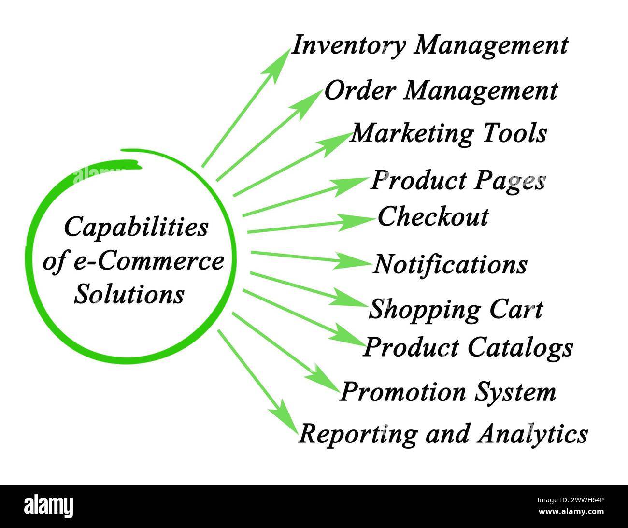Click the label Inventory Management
pos(430,46)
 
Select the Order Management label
pos(441,91)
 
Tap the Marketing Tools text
pos(448,133)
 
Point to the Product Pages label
pos(458,181)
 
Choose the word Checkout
pos(433,216)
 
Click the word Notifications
pos(450,264)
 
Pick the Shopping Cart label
pos(456,309)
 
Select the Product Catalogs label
pos(468,347)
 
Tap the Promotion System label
pos(447,392)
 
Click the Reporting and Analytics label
pos(442,434)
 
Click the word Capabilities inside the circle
pos(136,227)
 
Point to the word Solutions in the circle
pos(129,293)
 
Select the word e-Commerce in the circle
pos(148,261)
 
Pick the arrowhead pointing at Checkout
pos(360,221)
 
